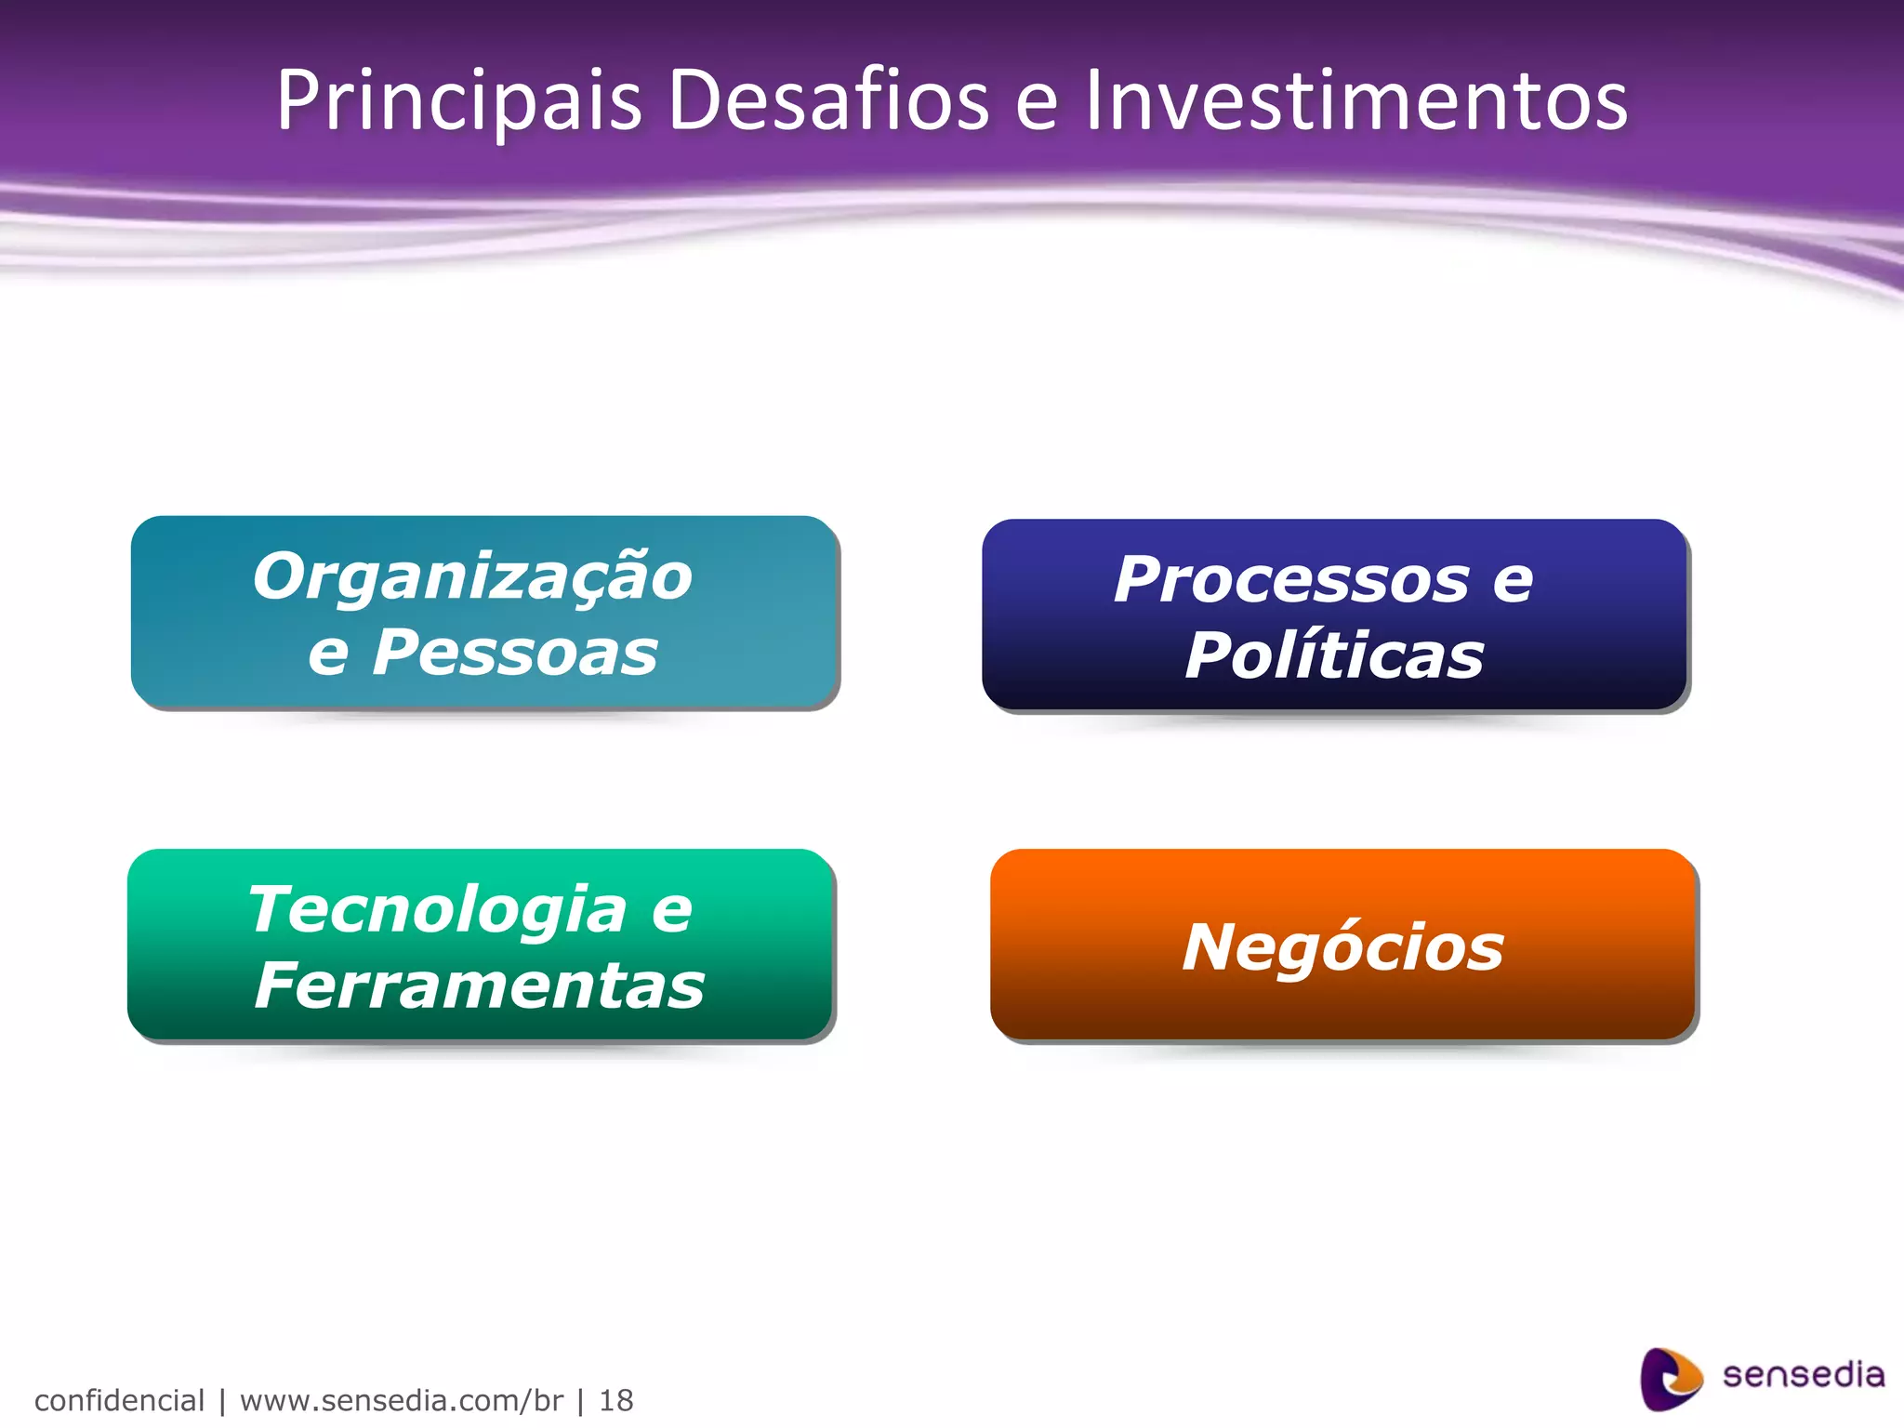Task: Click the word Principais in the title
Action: [458, 100]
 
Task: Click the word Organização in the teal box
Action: [472, 577]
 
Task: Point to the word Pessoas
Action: [515, 653]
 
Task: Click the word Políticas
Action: [1334, 656]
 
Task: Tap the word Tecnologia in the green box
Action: [437, 909]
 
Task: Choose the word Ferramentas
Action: [480, 985]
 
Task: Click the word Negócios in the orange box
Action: [1342, 947]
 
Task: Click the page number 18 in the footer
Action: [615, 1400]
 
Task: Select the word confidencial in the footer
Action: [119, 1400]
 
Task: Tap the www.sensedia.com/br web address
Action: [401, 1400]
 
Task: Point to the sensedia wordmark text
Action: [1803, 1375]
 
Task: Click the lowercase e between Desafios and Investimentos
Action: [1037, 104]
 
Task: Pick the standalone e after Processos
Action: [1513, 583]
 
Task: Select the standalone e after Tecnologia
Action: [671, 911]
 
